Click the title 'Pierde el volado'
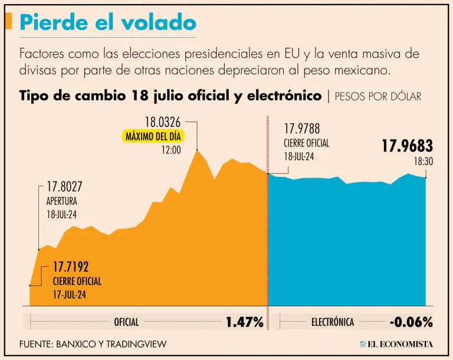click(108, 22)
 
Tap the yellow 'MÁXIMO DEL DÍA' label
click(153, 136)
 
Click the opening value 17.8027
click(66, 187)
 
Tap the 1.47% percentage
click(244, 322)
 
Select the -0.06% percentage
click(411, 322)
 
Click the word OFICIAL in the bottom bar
click(126, 322)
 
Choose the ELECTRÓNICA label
click(333, 322)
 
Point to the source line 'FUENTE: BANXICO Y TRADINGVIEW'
click(93, 343)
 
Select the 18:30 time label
click(423, 161)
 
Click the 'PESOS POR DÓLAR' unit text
click(378, 96)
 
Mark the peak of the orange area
click(198, 151)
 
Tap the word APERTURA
click(62, 201)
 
